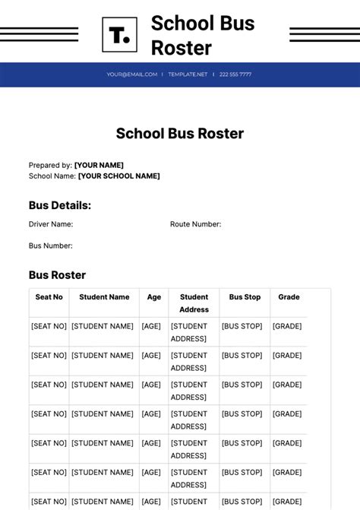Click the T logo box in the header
tap(119, 35)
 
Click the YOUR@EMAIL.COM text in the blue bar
tap(131, 74)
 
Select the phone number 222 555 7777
tap(235, 74)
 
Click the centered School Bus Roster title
tap(180, 134)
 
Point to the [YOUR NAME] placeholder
tap(99, 165)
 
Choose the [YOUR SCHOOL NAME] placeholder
tap(118, 176)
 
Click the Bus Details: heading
tap(60, 205)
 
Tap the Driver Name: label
tap(51, 224)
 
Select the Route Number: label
tap(195, 224)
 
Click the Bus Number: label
tap(51, 245)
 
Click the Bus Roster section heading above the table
tap(57, 275)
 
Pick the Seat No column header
tap(49, 297)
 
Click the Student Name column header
tap(104, 297)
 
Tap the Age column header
tap(154, 297)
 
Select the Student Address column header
tap(194, 303)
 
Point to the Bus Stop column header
tap(245, 297)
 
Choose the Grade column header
tap(289, 297)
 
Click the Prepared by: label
tap(50, 165)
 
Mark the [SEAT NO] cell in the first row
tap(49, 326)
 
